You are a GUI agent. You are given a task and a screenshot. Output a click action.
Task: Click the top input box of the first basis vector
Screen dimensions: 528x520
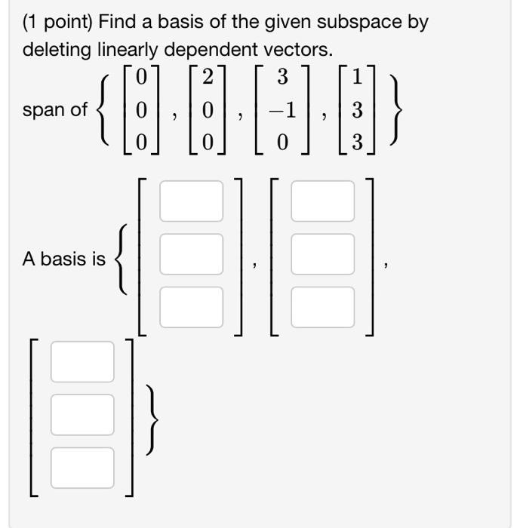click(x=191, y=201)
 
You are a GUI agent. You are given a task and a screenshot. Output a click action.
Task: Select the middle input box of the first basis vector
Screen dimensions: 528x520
click(x=191, y=254)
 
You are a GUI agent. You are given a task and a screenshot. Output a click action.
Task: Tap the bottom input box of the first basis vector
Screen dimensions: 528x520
click(x=191, y=307)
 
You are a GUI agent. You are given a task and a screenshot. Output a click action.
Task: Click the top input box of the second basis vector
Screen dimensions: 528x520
click(x=322, y=201)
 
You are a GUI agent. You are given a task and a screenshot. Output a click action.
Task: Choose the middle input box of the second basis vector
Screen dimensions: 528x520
click(x=322, y=254)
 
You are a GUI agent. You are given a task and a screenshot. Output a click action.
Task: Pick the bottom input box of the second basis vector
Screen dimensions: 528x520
click(x=322, y=307)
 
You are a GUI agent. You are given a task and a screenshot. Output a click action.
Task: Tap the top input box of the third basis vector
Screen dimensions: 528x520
click(x=82, y=361)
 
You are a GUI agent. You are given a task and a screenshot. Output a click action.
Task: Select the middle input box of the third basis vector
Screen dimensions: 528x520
click(x=82, y=415)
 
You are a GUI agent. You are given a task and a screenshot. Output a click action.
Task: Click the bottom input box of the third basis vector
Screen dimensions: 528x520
click(x=82, y=468)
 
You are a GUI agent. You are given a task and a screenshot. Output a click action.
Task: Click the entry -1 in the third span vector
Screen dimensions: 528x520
click(x=282, y=110)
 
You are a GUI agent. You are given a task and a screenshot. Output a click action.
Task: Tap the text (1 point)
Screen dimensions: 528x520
click(x=56, y=22)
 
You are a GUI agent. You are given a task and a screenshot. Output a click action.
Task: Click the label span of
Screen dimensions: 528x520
click(x=55, y=110)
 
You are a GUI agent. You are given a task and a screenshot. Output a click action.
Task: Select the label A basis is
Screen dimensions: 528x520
click(x=64, y=259)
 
